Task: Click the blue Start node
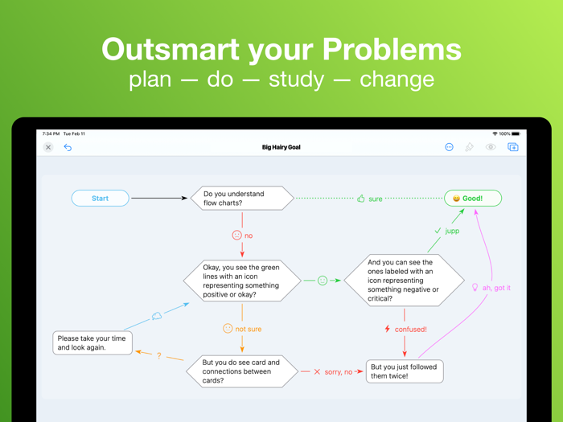(x=100, y=198)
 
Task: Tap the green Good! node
(x=473, y=198)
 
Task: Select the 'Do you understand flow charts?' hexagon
(x=242, y=198)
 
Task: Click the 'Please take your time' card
(x=92, y=343)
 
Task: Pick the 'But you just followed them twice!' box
(x=405, y=371)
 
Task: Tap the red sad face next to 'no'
(x=236, y=236)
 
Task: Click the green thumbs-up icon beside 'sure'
(x=361, y=199)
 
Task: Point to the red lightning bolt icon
(x=388, y=329)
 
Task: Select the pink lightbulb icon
(x=475, y=287)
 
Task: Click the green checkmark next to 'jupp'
(x=438, y=231)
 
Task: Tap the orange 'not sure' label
(x=248, y=329)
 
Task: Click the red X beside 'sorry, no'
(x=317, y=372)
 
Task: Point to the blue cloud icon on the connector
(x=157, y=316)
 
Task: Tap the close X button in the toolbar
(x=48, y=147)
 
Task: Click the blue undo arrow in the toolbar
(x=68, y=147)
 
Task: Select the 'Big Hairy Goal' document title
(x=281, y=147)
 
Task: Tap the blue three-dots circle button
(x=449, y=147)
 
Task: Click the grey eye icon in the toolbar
(x=491, y=147)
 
